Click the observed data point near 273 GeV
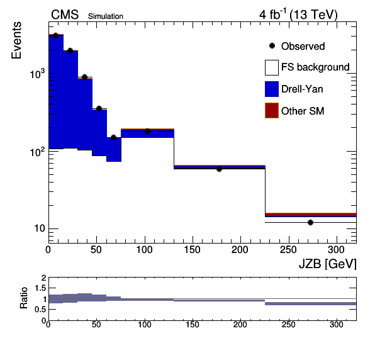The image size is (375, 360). click(310, 222)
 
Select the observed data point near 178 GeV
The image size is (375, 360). click(219, 169)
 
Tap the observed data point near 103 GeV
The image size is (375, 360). click(147, 131)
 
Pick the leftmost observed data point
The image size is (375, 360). click(56, 36)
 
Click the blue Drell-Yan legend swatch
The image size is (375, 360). click(272, 89)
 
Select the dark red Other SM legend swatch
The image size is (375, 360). click(272, 111)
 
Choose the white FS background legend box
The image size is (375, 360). click(272, 67)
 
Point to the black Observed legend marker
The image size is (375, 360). click(272, 46)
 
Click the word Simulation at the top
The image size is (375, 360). click(106, 16)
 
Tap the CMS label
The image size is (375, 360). click(65, 15)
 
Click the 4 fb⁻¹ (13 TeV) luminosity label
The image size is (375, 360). click(298, 14)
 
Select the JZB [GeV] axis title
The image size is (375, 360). click(327, 264)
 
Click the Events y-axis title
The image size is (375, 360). click(16, 40)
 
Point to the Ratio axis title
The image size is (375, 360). click(24, 298)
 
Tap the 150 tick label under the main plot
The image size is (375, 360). click(192, 250)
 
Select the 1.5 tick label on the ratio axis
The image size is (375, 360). click(40, 288)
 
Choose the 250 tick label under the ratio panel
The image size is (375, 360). click(289, 325)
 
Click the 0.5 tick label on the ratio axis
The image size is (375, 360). click(40, 310)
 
